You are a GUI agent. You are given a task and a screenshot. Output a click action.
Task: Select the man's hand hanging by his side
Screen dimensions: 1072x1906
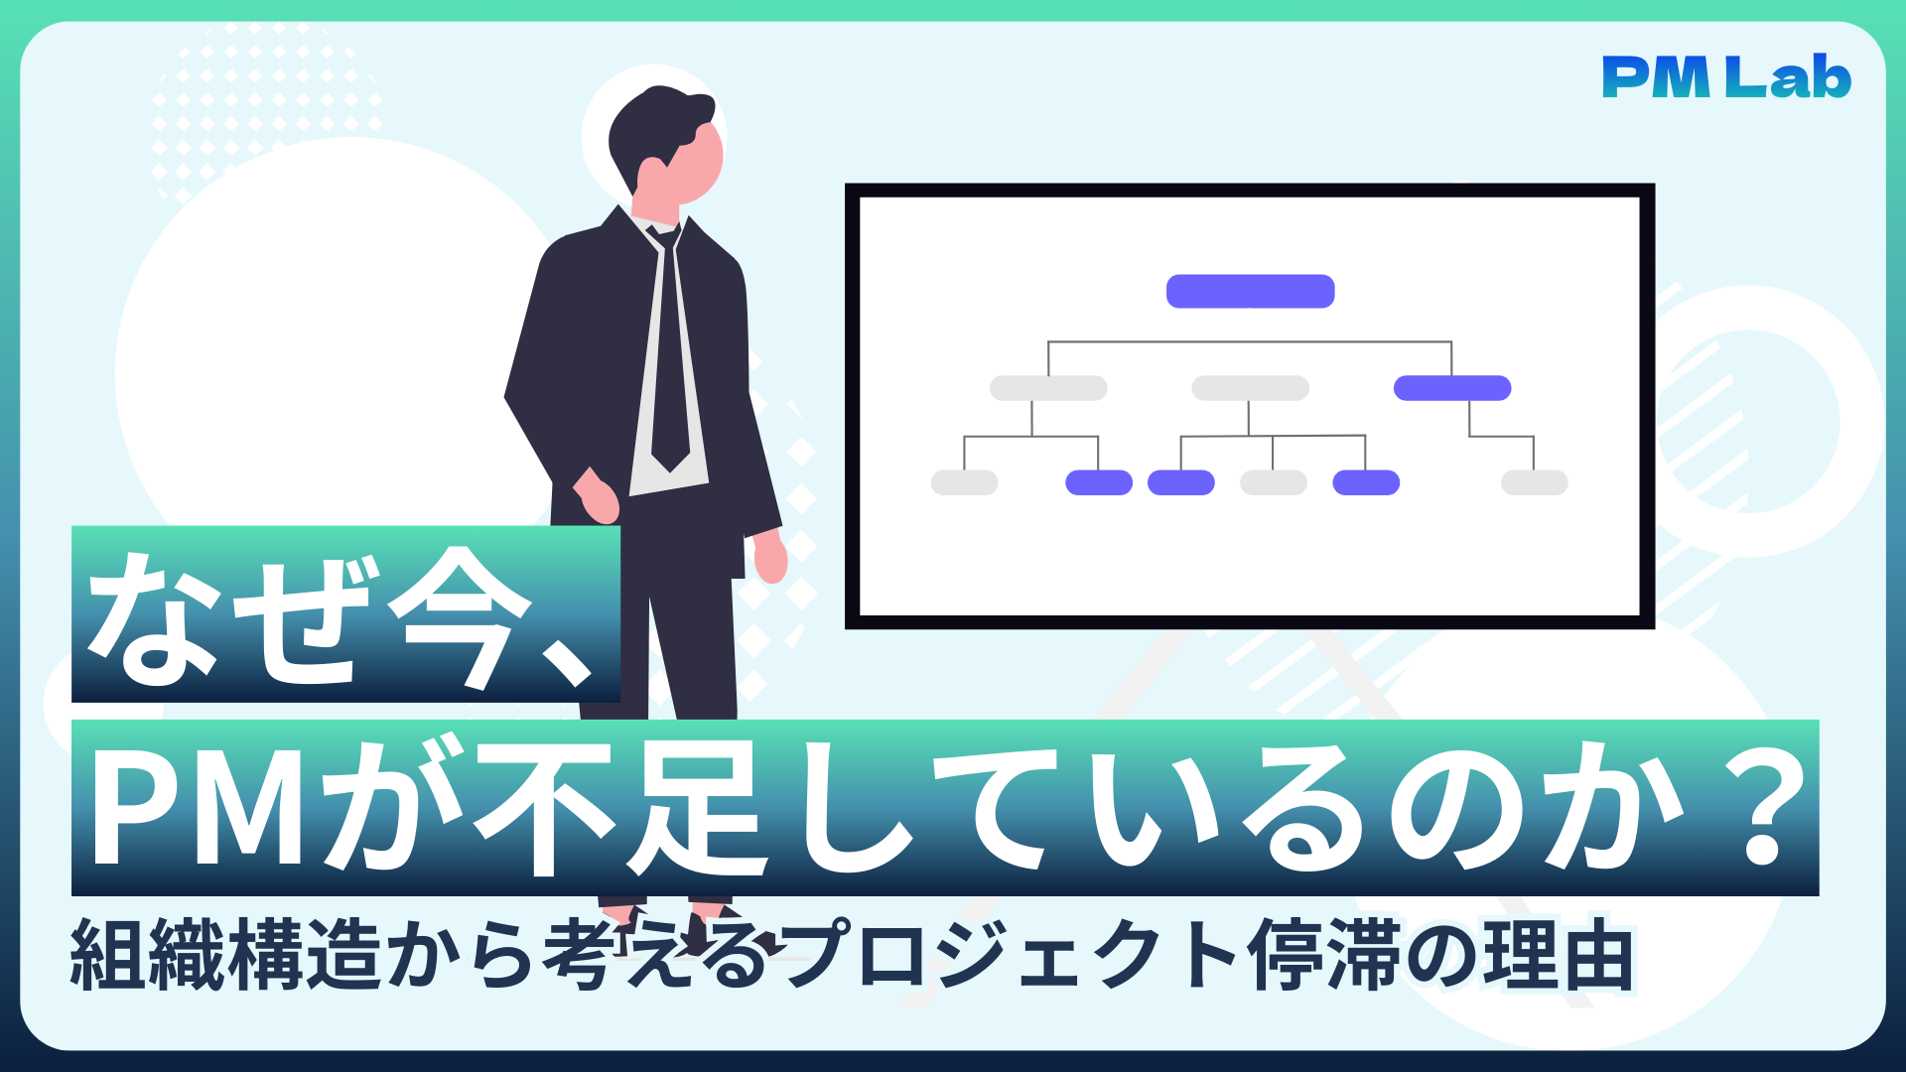[x=770, y=556]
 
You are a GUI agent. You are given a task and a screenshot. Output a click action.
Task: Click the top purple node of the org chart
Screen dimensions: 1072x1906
[x=1250, y=291]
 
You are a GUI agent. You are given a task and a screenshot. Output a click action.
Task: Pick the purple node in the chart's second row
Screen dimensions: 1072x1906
[x=1451, y=388]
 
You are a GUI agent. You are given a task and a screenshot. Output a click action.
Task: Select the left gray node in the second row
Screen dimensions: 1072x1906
[x=1048, y=388]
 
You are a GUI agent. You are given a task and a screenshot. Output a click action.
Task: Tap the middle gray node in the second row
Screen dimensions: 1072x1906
[x=1250, y=388]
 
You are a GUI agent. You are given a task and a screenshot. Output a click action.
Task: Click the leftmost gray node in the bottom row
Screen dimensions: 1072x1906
[x=964, y=482]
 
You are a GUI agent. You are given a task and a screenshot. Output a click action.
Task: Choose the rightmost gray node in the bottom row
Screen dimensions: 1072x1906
[x=1534, y=482]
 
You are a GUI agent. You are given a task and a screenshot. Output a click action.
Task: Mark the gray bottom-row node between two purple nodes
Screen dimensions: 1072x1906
[x=1274, y=482]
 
